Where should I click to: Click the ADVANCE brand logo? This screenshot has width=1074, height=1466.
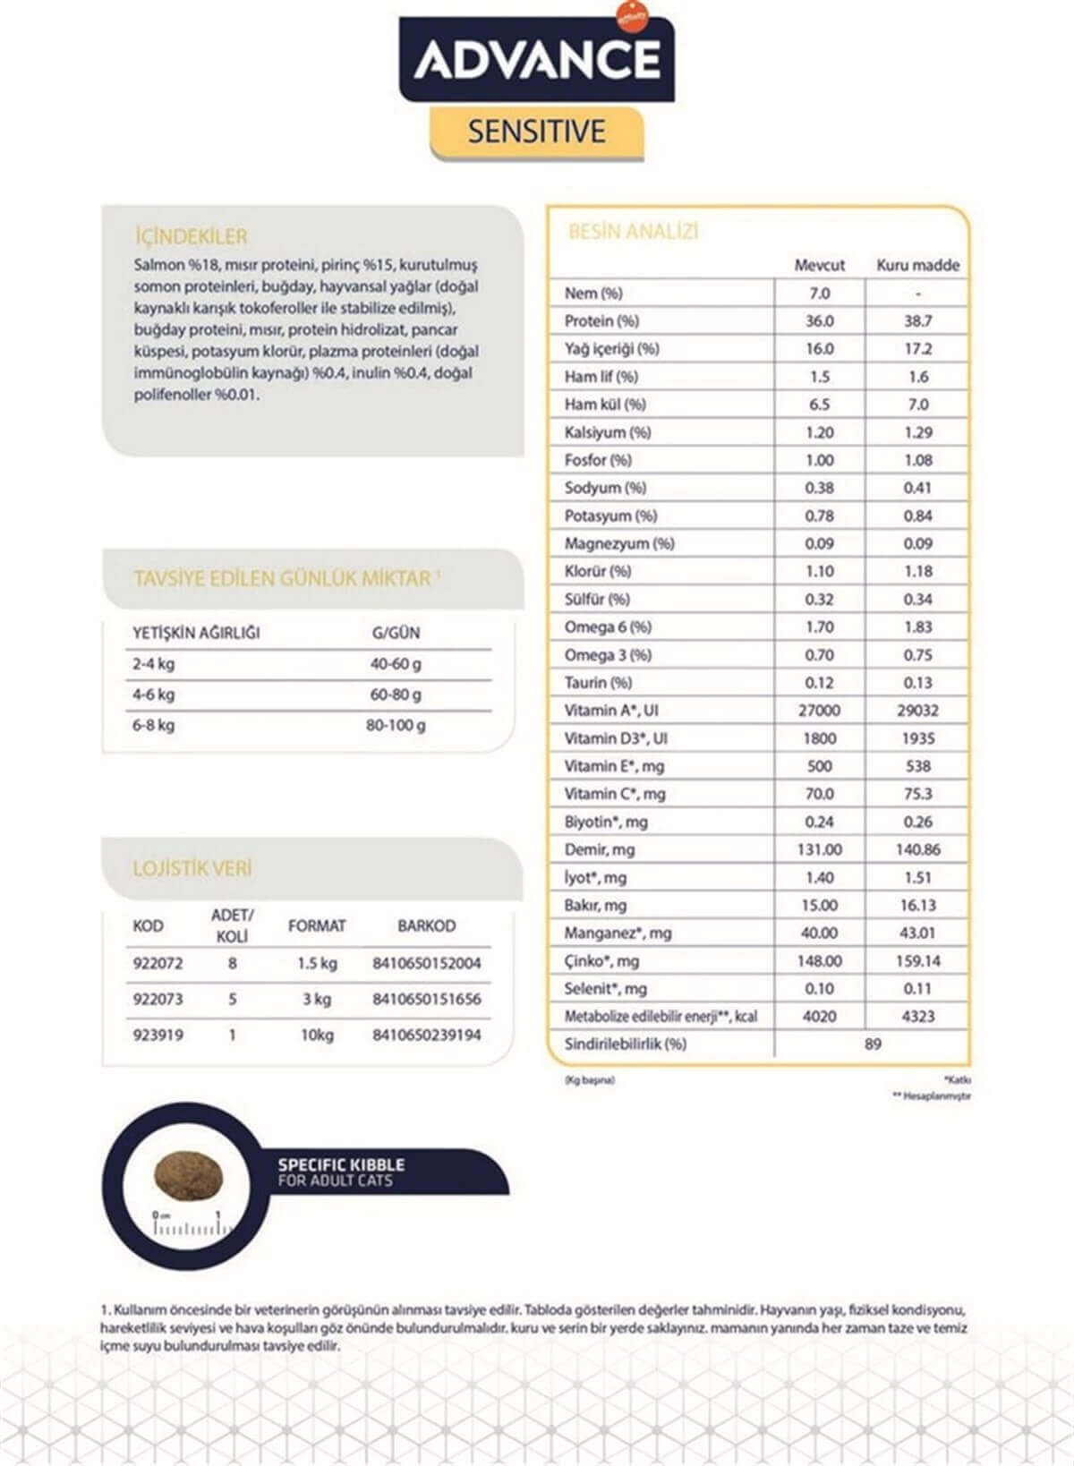(537, 59)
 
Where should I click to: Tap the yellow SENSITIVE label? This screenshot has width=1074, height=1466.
(537, 132)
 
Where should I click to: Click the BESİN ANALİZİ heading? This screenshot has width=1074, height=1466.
(633, 232)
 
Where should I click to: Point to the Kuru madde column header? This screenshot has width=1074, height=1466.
(917, 265)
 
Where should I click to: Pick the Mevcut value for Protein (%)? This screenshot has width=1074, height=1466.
(819, 320)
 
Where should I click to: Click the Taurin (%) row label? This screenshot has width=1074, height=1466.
(598, 682)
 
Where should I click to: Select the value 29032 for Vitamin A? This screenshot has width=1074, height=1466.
(917, 710)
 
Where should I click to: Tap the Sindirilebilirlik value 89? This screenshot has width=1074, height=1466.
(873, 1044)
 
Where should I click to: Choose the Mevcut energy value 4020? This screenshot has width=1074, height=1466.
(819, 1016)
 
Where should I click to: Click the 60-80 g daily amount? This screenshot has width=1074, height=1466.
(396, 695)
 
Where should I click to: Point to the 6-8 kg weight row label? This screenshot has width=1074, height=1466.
(154, 725)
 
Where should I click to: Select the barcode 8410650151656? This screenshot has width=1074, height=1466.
(426, 999)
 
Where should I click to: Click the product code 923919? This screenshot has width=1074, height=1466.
(158, 1035)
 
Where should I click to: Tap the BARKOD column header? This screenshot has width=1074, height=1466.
(426, 925)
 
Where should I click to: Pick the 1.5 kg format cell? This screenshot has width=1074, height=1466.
(317, 963)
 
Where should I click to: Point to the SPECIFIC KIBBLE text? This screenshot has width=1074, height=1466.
(341, 1164)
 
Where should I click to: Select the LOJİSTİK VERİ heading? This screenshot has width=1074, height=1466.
(192, 868)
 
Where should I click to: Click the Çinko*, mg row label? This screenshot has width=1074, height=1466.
(601, 960)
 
